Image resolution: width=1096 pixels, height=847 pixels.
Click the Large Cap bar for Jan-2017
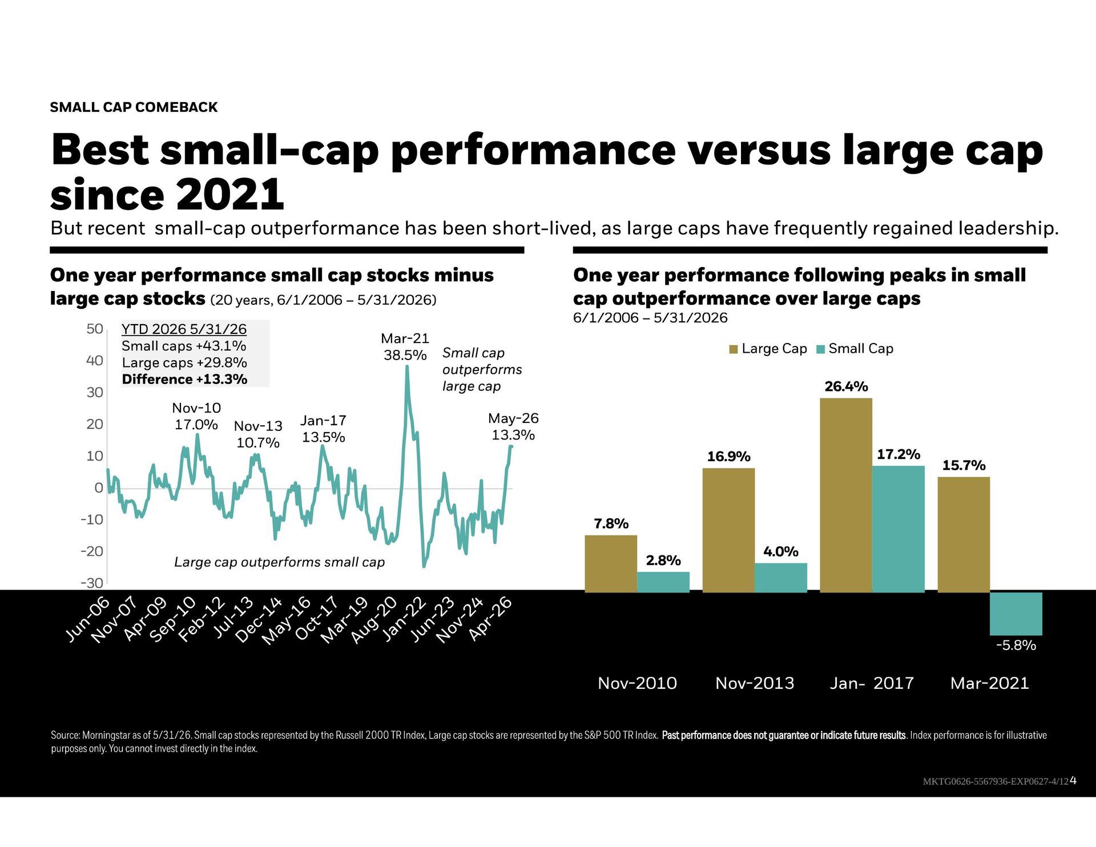coord(846,495)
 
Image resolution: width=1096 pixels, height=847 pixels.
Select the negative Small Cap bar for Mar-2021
coord(1016,614)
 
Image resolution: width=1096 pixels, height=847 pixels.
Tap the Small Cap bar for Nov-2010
coord(663,582)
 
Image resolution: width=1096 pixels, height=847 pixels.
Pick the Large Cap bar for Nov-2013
coord(728,530)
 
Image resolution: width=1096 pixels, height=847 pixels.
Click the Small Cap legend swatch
coord(821,349)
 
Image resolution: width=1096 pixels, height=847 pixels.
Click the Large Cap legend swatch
coord(734,349)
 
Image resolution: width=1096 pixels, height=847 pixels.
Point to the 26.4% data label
coord(846,386)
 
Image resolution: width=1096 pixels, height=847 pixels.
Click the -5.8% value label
coord(1016,646)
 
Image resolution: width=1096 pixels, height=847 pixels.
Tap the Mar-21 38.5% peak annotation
coord(405,346)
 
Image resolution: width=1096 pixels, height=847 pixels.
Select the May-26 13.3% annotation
coord(513,426)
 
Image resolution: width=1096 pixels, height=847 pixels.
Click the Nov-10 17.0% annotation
coord(196,416)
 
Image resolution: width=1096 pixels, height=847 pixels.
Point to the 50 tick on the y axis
coord(95,329)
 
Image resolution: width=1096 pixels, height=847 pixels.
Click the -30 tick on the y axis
coord(92,583)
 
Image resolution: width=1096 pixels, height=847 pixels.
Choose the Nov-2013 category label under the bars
coord(755,683)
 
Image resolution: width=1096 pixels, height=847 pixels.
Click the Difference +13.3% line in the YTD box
coord(184,380)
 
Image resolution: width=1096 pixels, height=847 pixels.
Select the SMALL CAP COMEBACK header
coord(134,107)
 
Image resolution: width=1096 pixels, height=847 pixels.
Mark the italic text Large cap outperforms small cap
coord(279,563)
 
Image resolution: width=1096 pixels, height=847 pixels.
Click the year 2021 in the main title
coord(230,195)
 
